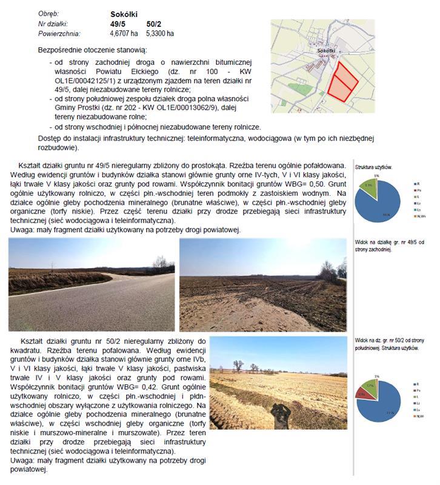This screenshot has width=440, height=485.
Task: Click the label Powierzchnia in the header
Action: click(59, 33)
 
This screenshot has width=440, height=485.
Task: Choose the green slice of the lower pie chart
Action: click(369, 386)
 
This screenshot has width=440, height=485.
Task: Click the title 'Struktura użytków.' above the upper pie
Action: click(374, 166)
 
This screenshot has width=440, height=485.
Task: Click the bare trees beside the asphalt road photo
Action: click(161, 263)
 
